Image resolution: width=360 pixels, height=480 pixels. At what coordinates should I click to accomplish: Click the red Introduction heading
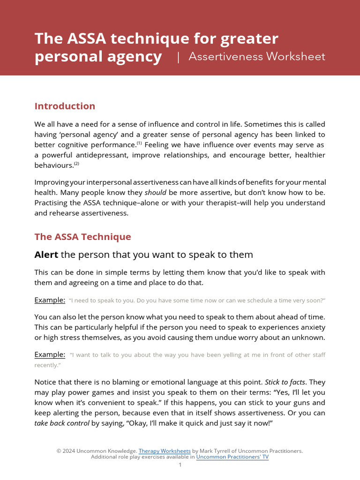pos(65,106)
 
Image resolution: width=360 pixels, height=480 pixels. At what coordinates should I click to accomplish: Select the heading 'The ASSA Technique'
pos(82,237)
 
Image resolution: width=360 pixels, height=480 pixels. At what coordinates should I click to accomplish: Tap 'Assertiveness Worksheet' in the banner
pos(256,57)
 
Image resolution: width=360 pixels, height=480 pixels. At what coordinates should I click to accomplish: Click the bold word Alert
pos(46,255)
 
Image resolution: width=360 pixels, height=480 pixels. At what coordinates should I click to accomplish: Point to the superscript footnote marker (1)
pos(139,143)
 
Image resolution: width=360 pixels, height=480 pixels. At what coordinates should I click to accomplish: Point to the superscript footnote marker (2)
pos(76,164)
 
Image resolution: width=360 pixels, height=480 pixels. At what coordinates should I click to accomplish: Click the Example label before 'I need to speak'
pos(50,300)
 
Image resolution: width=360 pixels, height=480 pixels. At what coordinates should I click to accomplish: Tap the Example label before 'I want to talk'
pos(50,354)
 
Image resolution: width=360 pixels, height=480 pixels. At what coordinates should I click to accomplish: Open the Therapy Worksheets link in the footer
pos(165,451)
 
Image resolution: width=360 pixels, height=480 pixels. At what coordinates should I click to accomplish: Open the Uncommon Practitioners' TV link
pos(232,457)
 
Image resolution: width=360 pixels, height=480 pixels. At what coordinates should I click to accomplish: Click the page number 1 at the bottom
pos(180,465)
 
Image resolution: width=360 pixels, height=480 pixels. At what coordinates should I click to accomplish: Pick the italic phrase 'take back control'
pos(61,423)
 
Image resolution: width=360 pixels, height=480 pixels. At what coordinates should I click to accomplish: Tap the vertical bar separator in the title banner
pos(178,57)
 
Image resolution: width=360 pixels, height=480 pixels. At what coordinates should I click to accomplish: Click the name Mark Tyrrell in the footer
pos(215,451)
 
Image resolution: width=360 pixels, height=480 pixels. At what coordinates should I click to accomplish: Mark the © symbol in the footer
pos(59,451)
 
